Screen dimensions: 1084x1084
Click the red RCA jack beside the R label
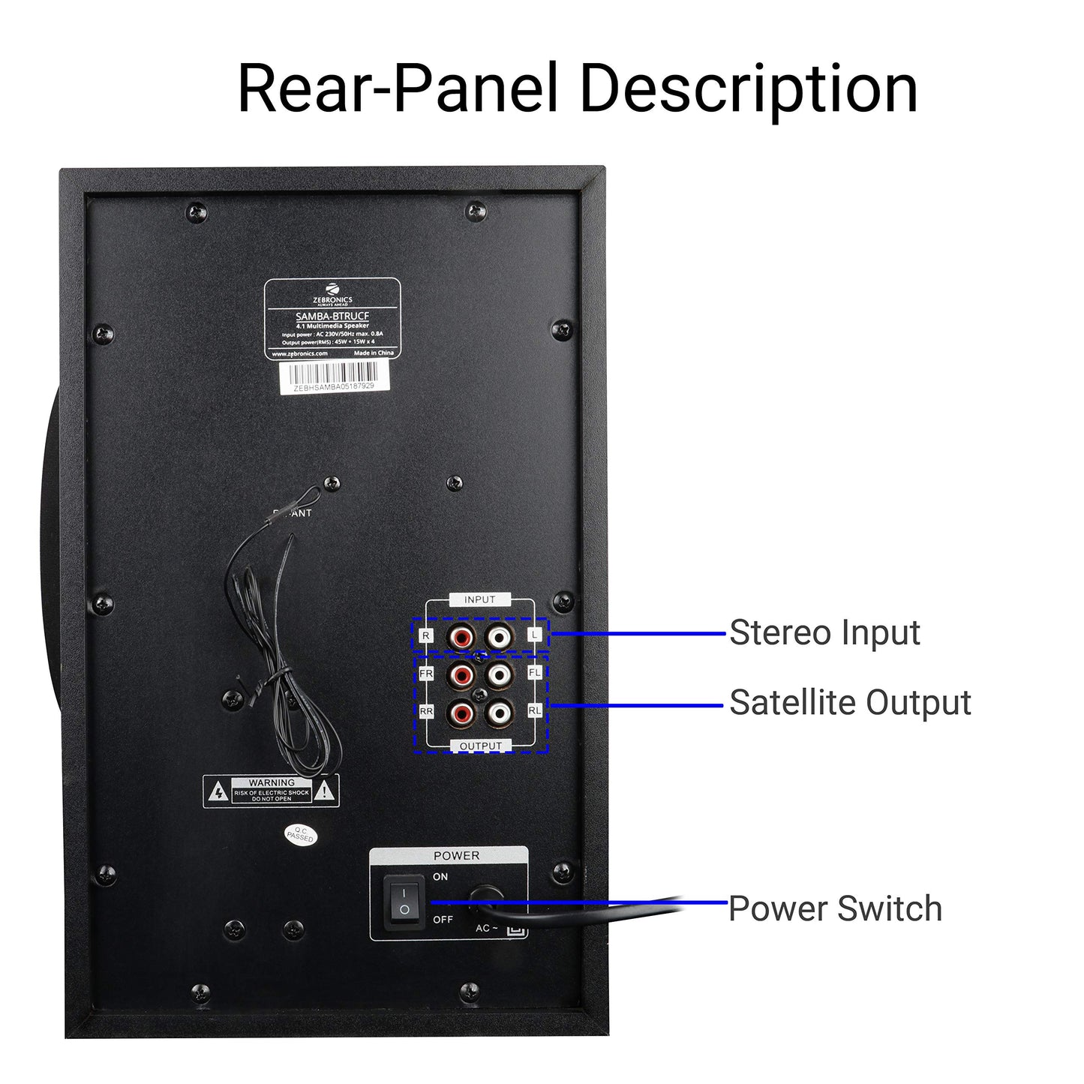click(x=461, y=637)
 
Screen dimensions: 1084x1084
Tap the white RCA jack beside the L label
click(x=499, y=637)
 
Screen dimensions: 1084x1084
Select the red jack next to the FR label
click(x=461, y=674)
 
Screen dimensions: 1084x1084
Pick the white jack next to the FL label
click(x=499, y=674)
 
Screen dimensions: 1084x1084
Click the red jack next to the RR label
click(x=461, y=711)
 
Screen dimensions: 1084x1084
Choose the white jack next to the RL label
click(x=499, y=711)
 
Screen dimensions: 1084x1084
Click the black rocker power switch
click(x=404, y=901)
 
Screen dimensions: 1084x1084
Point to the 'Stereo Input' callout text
click(x=824, y=632)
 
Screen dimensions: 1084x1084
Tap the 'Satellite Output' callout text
click(x=850, y=703)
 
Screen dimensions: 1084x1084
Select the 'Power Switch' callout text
click(x=835, y=908)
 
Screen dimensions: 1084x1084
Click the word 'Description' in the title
click(x=748, y=89)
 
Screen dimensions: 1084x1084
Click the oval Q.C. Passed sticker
click(x=300, y=834)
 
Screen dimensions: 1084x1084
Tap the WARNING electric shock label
click(x=271, y=791)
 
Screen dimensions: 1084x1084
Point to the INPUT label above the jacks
click(x=480, y=599)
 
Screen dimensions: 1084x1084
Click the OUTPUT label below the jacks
click(x=480, y=746)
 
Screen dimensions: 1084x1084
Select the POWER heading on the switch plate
click(x=456, y=855)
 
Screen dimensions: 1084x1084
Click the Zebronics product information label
click(x=332, y=319)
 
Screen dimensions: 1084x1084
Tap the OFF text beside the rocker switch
click(x=443, y=920)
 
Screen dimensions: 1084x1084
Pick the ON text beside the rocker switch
click(x=440, y=876)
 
